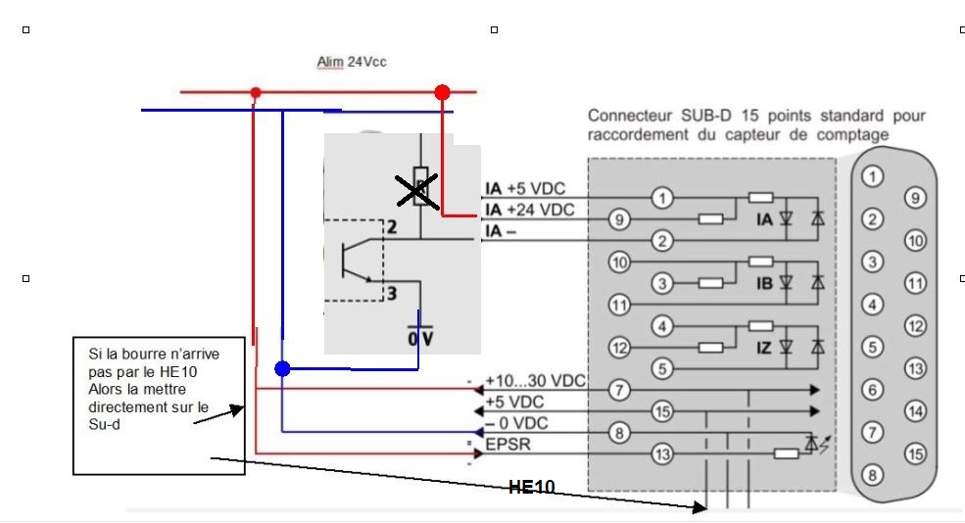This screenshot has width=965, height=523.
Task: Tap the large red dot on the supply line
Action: click(x=442, y=92)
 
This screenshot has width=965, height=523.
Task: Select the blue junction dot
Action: click(x=282, y=369)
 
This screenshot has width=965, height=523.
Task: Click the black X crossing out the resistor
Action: click(x=417, y=188)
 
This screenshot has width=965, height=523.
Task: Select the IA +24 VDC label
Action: click(x=529, y=210)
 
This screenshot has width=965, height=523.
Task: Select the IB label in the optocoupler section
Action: click(x=765, y=283)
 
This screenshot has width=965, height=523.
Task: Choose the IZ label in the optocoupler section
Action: click(x=765, y=347)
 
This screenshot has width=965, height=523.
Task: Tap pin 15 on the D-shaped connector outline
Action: click(x=915, y=453)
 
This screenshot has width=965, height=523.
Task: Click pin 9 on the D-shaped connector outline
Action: click(x=913, y=198)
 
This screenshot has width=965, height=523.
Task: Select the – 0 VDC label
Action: click(x=517, y=423)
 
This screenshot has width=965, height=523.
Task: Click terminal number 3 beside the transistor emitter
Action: click(x=389, y=292)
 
